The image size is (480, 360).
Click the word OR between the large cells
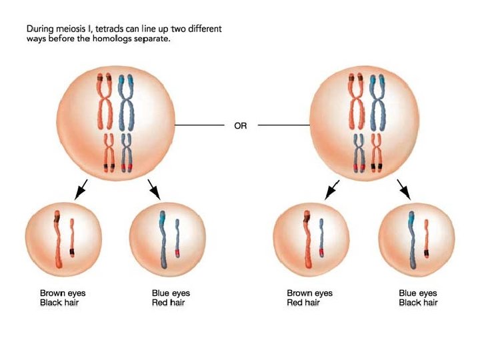click(241, 125)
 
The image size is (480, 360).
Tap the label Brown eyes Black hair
click(63, 297)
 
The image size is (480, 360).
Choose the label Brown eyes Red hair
click(309, 297)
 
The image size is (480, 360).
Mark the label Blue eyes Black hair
click(418, 297)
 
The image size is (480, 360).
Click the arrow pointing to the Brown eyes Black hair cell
click(81, 190)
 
